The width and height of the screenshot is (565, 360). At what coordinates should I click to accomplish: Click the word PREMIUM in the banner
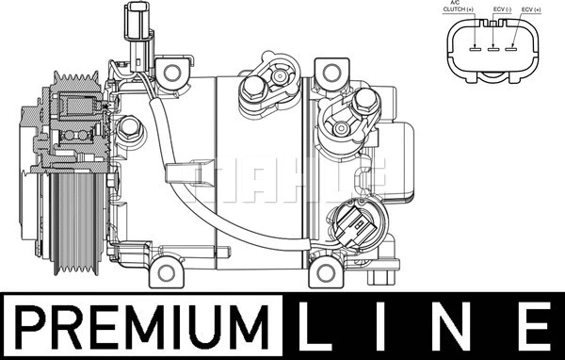(142, 327)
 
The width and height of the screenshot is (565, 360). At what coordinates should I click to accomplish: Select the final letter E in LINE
(537, 327)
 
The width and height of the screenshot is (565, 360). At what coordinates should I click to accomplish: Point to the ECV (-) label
(502, 9)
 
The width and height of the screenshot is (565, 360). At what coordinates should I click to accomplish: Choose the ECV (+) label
(531, 9)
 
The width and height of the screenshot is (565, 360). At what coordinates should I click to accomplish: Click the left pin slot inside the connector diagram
(476, 48)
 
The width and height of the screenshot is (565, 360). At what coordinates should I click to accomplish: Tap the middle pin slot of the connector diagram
(492, 48)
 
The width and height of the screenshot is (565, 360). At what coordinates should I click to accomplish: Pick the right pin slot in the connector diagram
(510, 48)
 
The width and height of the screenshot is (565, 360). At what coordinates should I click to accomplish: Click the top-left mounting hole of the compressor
(172, 73)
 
